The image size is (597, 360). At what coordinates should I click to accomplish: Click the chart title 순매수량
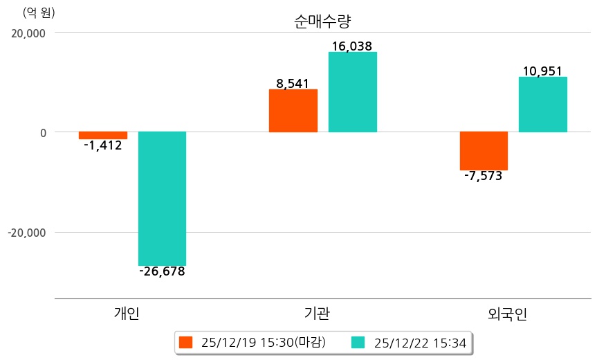pos(322,21)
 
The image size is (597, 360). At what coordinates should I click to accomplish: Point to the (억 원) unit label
pos(39,12)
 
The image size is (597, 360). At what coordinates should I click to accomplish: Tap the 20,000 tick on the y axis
pos(27,33)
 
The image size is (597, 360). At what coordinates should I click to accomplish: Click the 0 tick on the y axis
pos(42,132)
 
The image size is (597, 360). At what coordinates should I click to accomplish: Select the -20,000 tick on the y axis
pos(26,233)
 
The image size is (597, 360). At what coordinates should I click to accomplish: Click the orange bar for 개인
pos(103,135)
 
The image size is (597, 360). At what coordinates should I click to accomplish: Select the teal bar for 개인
pos(162,198)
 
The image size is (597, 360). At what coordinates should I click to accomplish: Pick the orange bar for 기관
pos(293,111)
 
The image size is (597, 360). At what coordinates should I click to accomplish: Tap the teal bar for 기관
pos(352,92)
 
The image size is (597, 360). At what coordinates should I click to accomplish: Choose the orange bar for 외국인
pos(484,150)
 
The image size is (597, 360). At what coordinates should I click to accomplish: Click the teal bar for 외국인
pos(542,105)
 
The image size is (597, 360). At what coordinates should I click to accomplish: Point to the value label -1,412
pos(102,145)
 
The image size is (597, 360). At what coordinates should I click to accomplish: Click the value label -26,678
pos(162,271)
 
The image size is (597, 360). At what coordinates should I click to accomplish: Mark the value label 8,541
pos(293,84)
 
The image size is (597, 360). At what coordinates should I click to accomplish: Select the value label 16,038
pos(352,46)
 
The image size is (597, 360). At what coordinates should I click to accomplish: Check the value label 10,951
pos(542,71)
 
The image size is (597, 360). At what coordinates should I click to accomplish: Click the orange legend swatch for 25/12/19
pos(185,342)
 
